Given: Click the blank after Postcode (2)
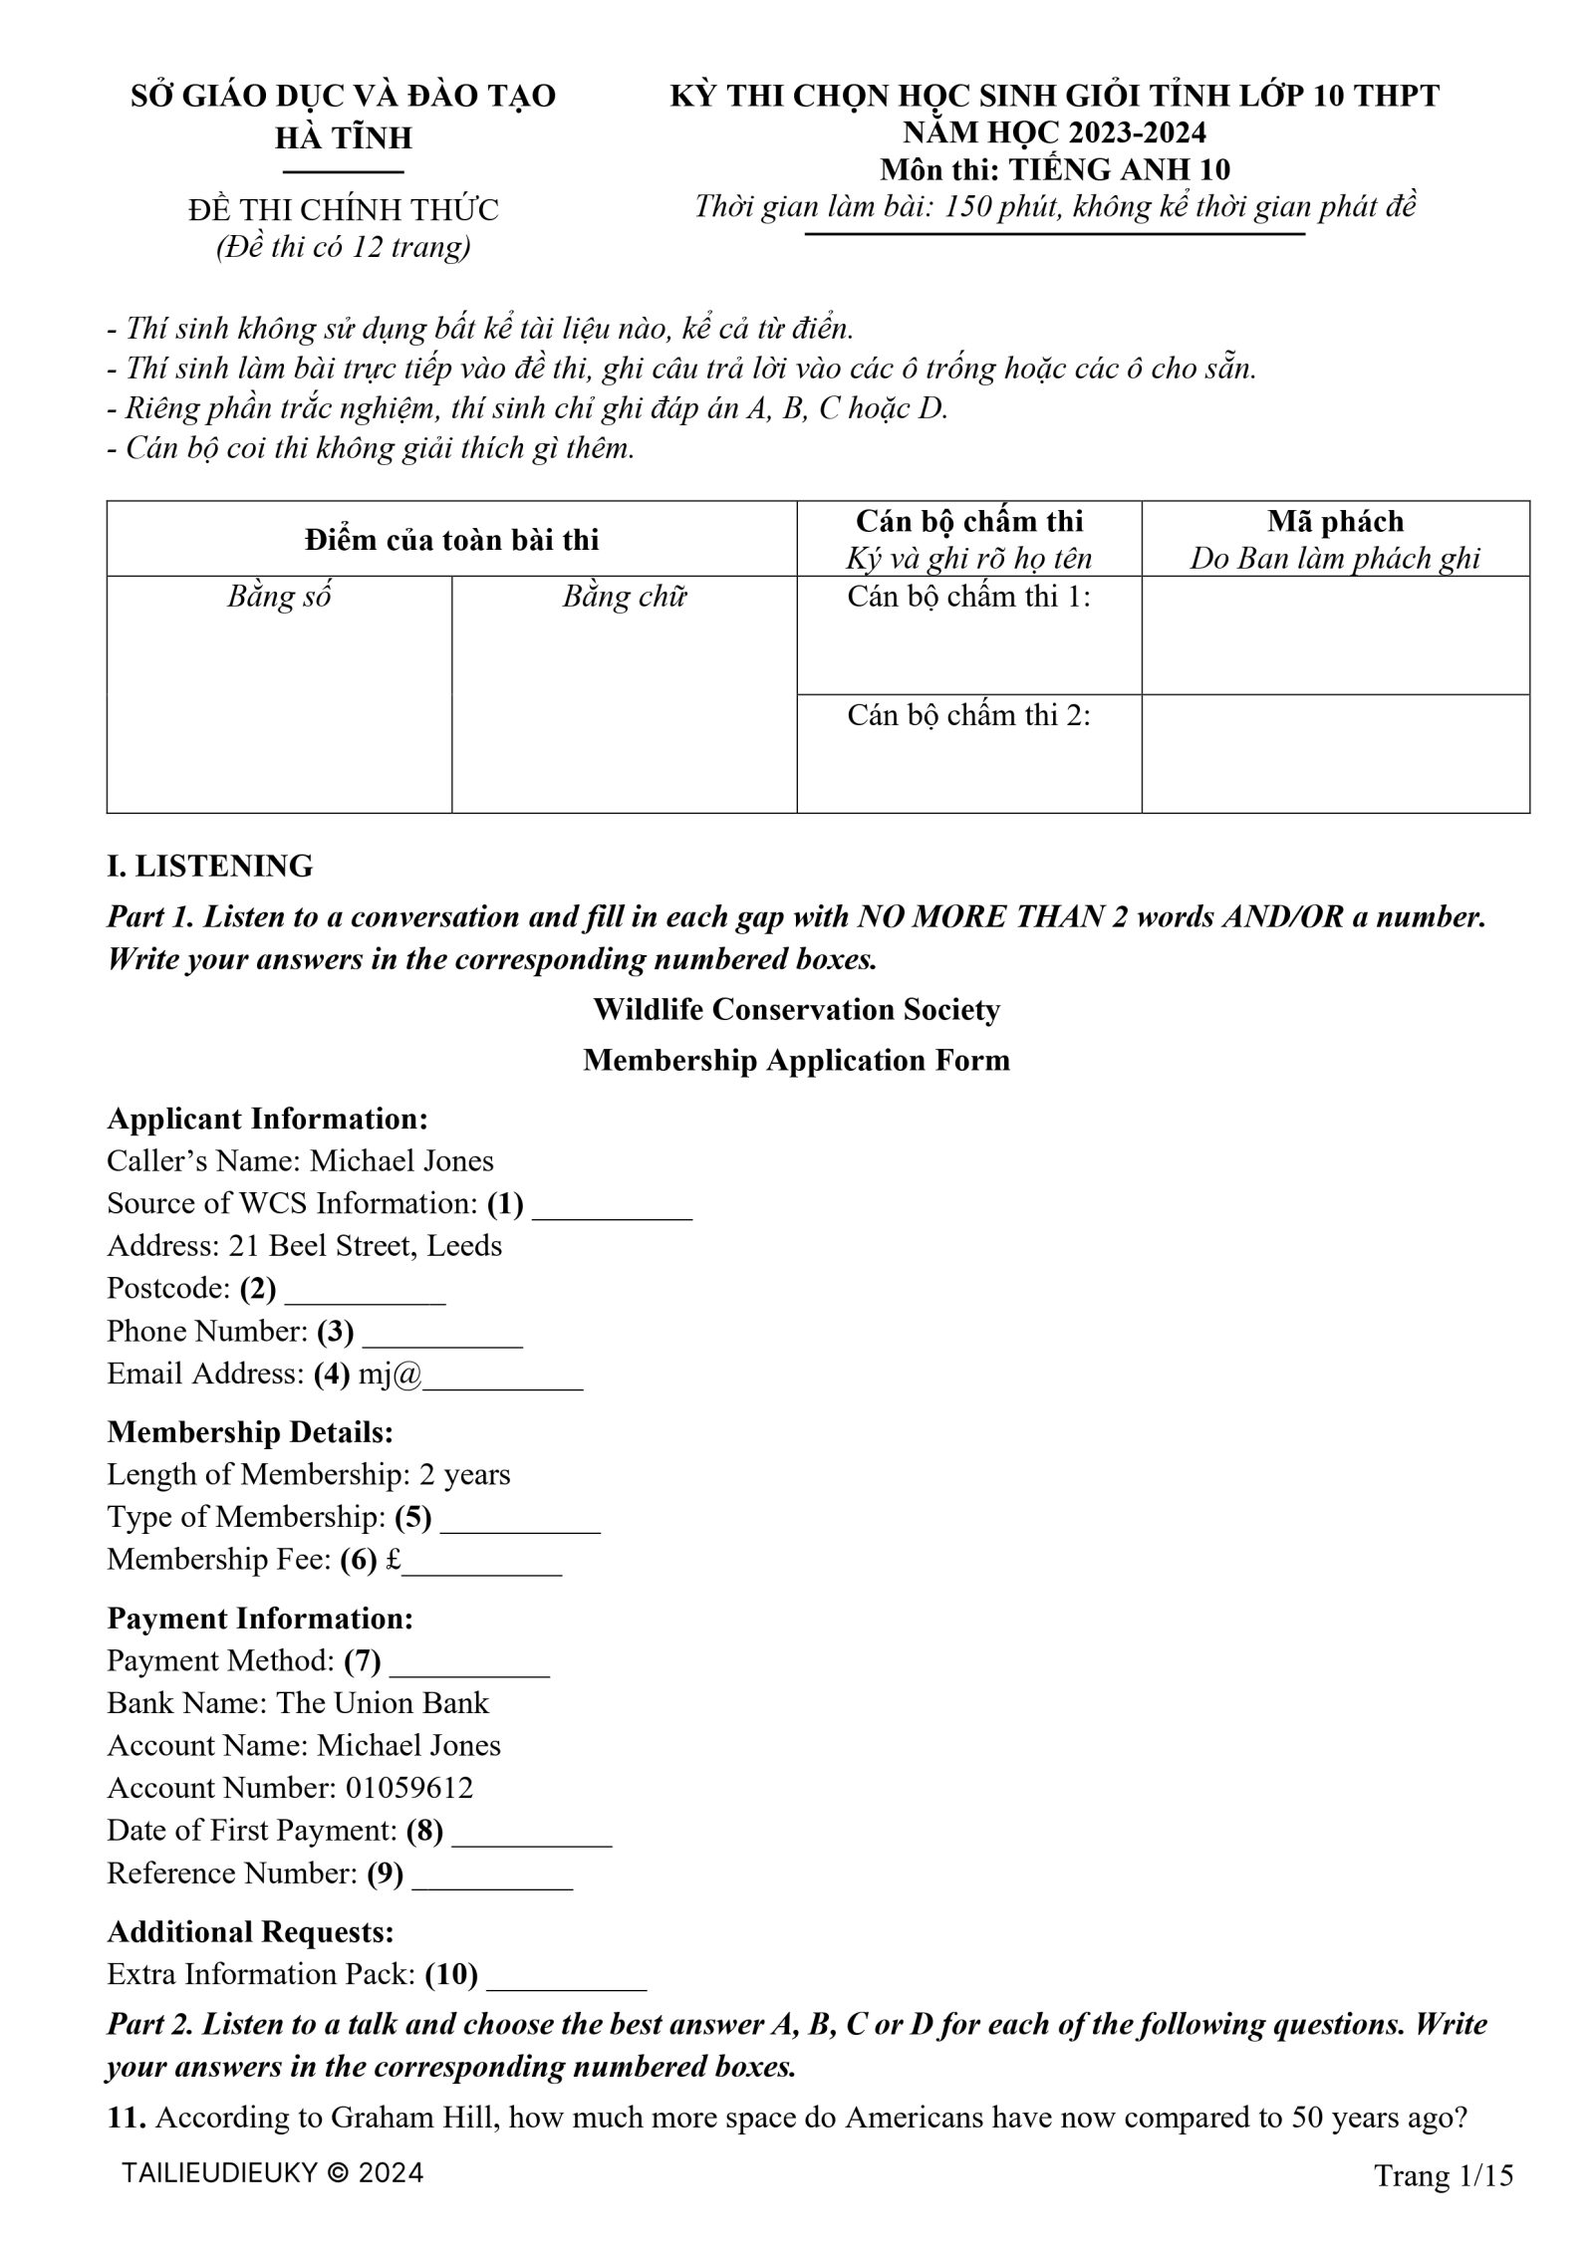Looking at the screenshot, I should [365, 1295].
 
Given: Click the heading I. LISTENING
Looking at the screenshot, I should [209, 866].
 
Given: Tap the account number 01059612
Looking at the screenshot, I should [409, 1788].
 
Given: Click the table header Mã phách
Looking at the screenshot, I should [1335, 521].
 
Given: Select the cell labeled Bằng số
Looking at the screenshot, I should [279, 597].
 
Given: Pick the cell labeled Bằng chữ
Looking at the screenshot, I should [624, 597].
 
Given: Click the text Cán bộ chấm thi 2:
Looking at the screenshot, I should [968, 715].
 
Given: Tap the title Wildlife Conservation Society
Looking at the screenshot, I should [796, 1009].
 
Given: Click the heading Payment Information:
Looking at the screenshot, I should [260, 1619].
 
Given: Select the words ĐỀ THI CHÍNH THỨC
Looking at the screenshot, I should [343, 210].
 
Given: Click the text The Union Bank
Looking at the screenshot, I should [383, 1703].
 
